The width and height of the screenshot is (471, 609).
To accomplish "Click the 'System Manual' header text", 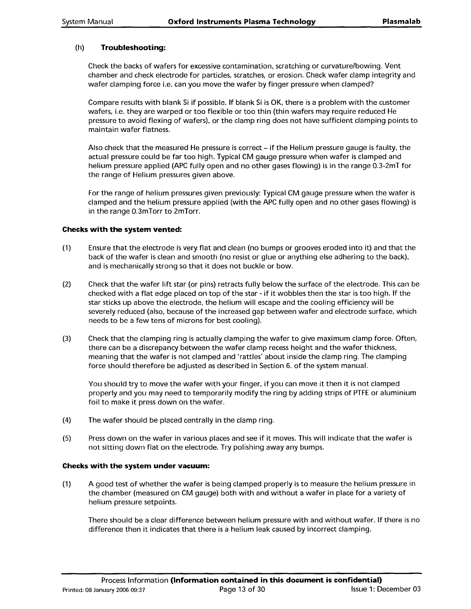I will pyautogui.click(x=87, y=22).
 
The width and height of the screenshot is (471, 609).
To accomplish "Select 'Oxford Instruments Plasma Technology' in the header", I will pyautogui.click(x=242, y=22).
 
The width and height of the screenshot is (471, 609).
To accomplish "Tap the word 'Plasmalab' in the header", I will pyautogui.click(x=402, y=22).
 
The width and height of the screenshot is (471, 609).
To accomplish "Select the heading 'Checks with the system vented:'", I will pyautogui.click(x=122, y=230).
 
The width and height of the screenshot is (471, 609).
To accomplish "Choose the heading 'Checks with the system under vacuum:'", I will pyautogui.click(x=135, y=466).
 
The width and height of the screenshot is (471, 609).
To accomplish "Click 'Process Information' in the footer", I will pyautogui.click(x=135, y=580).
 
